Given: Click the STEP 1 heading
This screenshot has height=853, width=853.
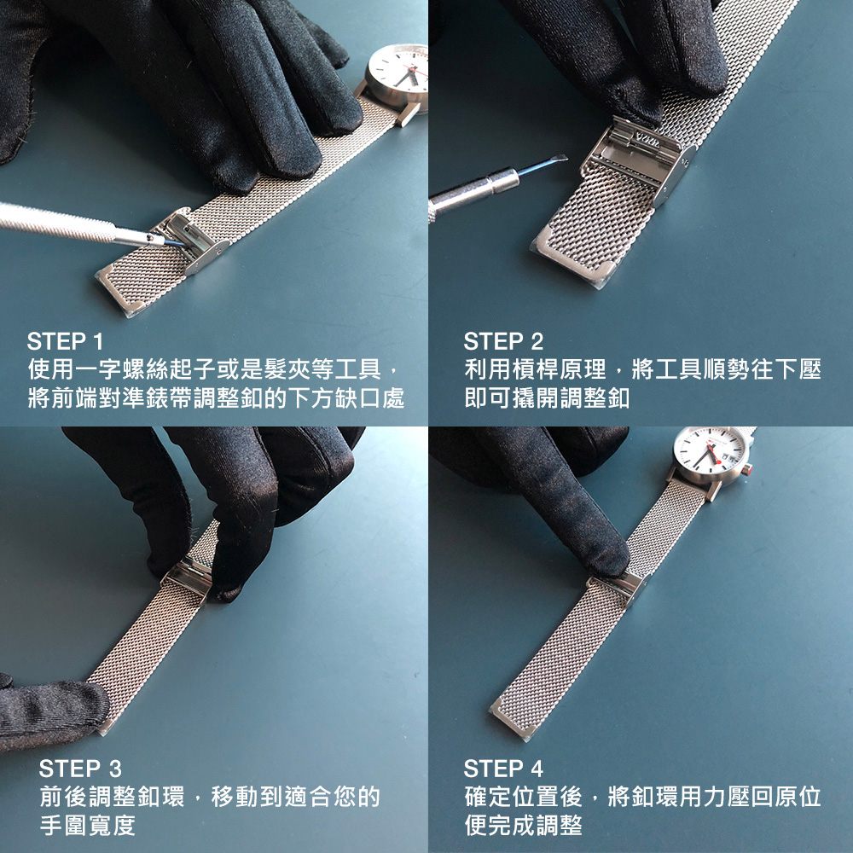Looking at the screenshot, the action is click(65, 342).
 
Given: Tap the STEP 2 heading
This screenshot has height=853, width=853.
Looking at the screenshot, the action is click(503, 342).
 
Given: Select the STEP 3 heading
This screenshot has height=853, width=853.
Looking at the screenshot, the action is click(80, 769).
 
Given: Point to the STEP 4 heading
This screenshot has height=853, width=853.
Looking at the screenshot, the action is click(503, 769).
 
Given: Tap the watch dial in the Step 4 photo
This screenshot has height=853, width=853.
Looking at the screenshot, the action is click(709, 450).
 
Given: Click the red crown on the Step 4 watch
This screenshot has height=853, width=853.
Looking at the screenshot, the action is click(747, 469).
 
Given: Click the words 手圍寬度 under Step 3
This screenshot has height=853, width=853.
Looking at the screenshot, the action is click(88, 825).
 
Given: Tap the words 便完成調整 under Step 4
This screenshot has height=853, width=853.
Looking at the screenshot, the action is click(524, 825).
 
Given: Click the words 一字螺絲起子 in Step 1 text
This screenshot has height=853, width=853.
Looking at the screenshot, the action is click(133, 370).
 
